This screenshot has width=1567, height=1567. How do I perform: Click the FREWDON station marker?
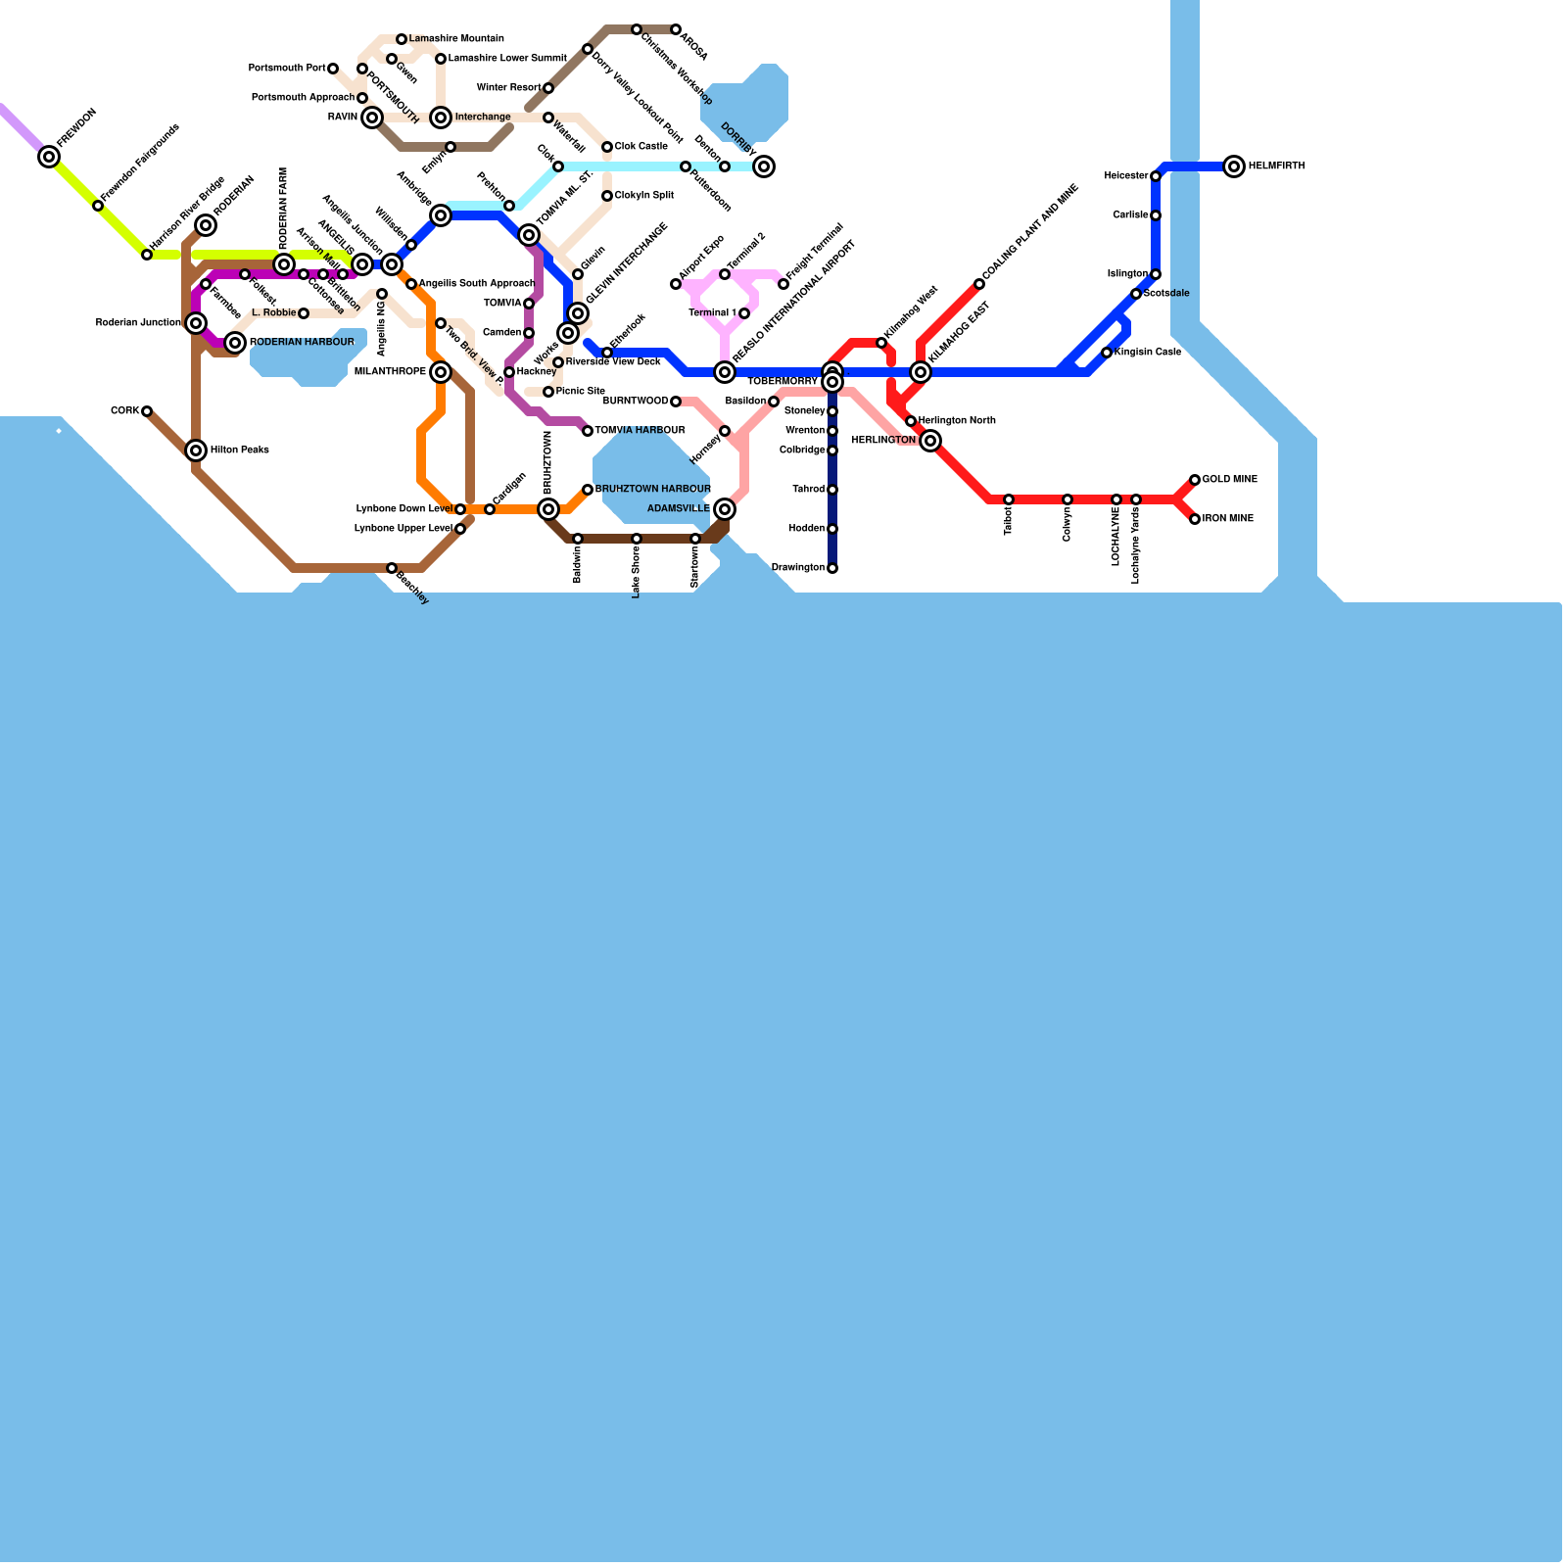click(49, 157)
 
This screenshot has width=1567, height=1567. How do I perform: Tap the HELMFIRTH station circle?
click(1234, 166)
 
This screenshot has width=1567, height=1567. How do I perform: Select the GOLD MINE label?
click(1229, 480)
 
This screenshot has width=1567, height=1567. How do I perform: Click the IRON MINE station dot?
click(1195, 519)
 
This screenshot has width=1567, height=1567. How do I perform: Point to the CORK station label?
click(124, 411)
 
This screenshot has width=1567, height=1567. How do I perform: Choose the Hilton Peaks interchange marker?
click(196, 451)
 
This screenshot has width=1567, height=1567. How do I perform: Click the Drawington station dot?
click(832, 568)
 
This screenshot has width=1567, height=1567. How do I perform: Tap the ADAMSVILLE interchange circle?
click(725, 509)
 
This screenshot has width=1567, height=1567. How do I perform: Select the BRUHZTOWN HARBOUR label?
click(652, 490)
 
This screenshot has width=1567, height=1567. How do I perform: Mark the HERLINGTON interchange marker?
click(931, 441)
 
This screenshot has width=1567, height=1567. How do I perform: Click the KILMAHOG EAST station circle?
click(921, 372)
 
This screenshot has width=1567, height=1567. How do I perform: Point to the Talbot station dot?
click(1009, 499)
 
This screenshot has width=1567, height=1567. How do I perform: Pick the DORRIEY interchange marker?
click(764, 166)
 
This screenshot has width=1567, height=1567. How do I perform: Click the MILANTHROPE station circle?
click(441, 372)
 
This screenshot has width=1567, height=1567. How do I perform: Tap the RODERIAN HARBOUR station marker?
click(235, 343)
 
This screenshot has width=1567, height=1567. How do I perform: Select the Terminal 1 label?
click(712, 313)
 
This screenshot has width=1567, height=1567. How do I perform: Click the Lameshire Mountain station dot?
click(402, 39)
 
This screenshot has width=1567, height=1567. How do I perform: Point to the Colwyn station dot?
click(1068, 499)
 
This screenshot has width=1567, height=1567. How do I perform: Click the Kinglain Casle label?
click(1147, 353)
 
